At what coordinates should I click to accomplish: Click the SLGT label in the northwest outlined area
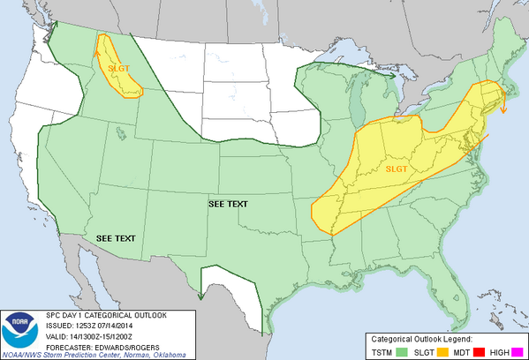(118, 67)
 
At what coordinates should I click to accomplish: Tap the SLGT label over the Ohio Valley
(397, 169)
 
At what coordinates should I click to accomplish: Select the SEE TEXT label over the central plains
(228, 204)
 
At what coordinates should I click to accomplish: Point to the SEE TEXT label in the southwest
(115, 239)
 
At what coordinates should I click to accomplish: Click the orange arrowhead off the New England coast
(503, 109)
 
